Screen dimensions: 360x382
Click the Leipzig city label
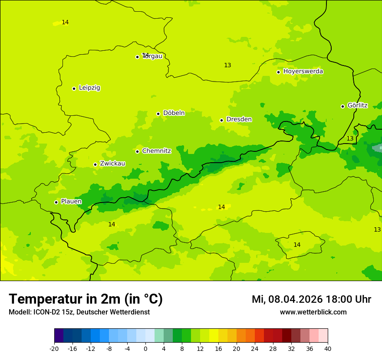pyautogui.click(x=89, y=88)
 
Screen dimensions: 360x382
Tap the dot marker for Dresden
pyautogui.click(x=221, y=120)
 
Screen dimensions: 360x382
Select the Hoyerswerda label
pyautogui.click(x=303, y=71)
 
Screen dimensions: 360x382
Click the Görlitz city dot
pyautogui.click(x=342, y=106)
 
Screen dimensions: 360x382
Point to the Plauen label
pyautogui.click(x=71, y=201)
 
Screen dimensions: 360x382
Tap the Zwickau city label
pyautogui.click(x=112, y=164)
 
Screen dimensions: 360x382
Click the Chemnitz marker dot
pyautogui.click(x=137, y=151)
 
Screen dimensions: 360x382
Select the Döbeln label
pyautogui.click(x=174, y=113)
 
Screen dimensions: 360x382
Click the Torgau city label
pyautogui.click(x=152, y=56)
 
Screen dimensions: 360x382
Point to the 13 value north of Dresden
pyautogui.click(x=227, y=65)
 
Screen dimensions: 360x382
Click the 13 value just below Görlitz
pyautogui.click(x=350, y=138)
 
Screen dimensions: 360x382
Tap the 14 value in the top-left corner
pyautogui.click(x=65, y=22)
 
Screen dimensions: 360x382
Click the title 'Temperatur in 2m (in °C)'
pyautogui.click(x=86, y=299)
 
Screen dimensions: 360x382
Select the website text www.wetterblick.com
pyautogui.click(x=313, y=312)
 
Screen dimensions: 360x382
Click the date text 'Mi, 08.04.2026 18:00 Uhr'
pyautogui.click(x=311, y=299)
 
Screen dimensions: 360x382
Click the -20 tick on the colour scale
pyautogui.click(x=54, y=348)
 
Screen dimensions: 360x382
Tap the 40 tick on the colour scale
pyautogui.click(x=328, y=348)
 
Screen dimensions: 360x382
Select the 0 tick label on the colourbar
pyautogui.click(x=145, y=348)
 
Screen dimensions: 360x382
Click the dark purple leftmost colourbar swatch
pyautogui.click(x=59, y=336)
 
